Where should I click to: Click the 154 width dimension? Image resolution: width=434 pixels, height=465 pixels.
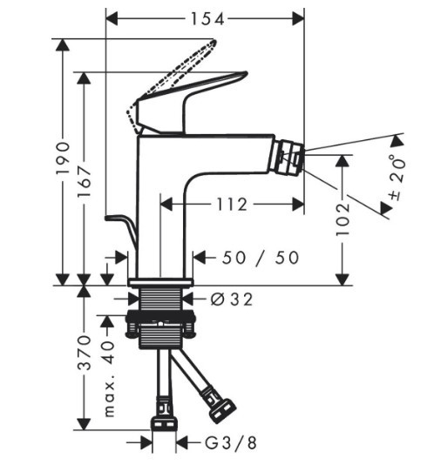[207, 19]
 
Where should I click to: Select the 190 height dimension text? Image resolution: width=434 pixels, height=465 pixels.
[63, 158]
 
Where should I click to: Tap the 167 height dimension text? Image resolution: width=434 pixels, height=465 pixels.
[84, 182]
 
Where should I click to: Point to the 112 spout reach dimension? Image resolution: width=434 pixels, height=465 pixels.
[232, 205]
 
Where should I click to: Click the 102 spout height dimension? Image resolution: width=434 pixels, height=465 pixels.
[342, 219]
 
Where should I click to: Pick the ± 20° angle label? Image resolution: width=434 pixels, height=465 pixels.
[397, 178]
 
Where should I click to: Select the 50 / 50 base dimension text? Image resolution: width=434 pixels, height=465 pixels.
[261, 258]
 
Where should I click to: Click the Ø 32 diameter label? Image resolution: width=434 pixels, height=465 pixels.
[232, 300]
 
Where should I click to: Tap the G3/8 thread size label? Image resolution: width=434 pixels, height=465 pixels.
[230, 443]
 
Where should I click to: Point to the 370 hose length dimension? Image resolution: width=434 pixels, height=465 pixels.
[84, 353]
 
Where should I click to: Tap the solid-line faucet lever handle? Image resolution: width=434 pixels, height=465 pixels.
[190, 101]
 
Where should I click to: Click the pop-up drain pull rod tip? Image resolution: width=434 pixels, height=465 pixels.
[107, 219]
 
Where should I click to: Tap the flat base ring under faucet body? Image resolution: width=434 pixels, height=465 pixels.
[160, 283]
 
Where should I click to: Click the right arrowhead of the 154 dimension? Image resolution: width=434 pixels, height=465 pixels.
[298, 19]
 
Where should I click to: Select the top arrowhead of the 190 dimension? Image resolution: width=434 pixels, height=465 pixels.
[63, 45]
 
